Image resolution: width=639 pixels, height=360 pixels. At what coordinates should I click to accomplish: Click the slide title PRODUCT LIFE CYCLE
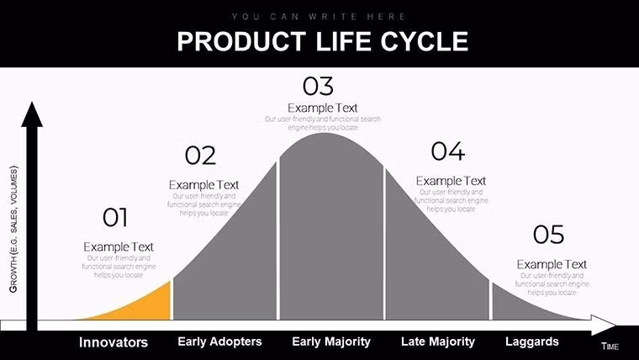point(322,42)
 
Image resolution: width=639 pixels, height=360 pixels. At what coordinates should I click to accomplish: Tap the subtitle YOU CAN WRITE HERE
point(319,17)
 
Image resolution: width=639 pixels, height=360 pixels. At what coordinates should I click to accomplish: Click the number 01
point(115,218)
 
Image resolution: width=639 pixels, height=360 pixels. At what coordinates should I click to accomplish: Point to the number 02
point(200,156)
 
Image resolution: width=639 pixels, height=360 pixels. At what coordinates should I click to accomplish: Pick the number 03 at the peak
point(318,86)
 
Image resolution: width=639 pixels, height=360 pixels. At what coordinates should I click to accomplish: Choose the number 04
point(447,151)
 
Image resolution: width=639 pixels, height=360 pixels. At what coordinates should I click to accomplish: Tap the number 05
point(548,235)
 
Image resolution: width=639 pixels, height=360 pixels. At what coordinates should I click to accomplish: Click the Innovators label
point(114,342)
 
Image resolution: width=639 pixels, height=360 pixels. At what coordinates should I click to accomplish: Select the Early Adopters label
point(219,341)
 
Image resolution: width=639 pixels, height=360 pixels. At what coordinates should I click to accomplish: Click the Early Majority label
point(331,341)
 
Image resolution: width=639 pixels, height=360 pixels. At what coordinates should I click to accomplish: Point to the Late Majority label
point(438,341)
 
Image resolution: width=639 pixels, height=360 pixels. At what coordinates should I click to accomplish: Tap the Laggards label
point(531,341)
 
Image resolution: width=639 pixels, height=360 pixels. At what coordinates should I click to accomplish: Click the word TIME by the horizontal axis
point(610,347)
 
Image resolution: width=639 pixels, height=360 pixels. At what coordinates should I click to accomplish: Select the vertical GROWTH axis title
point(13,228)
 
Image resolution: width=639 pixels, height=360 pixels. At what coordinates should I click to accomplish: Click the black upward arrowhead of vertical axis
point(32,114)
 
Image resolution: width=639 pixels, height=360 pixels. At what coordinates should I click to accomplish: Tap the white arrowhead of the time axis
point(605,325)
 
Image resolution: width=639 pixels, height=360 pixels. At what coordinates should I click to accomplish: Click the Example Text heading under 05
point(552,264)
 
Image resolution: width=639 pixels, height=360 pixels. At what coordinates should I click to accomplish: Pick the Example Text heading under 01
point(119,246)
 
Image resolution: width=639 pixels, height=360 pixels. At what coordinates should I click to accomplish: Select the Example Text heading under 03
point(323,108)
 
